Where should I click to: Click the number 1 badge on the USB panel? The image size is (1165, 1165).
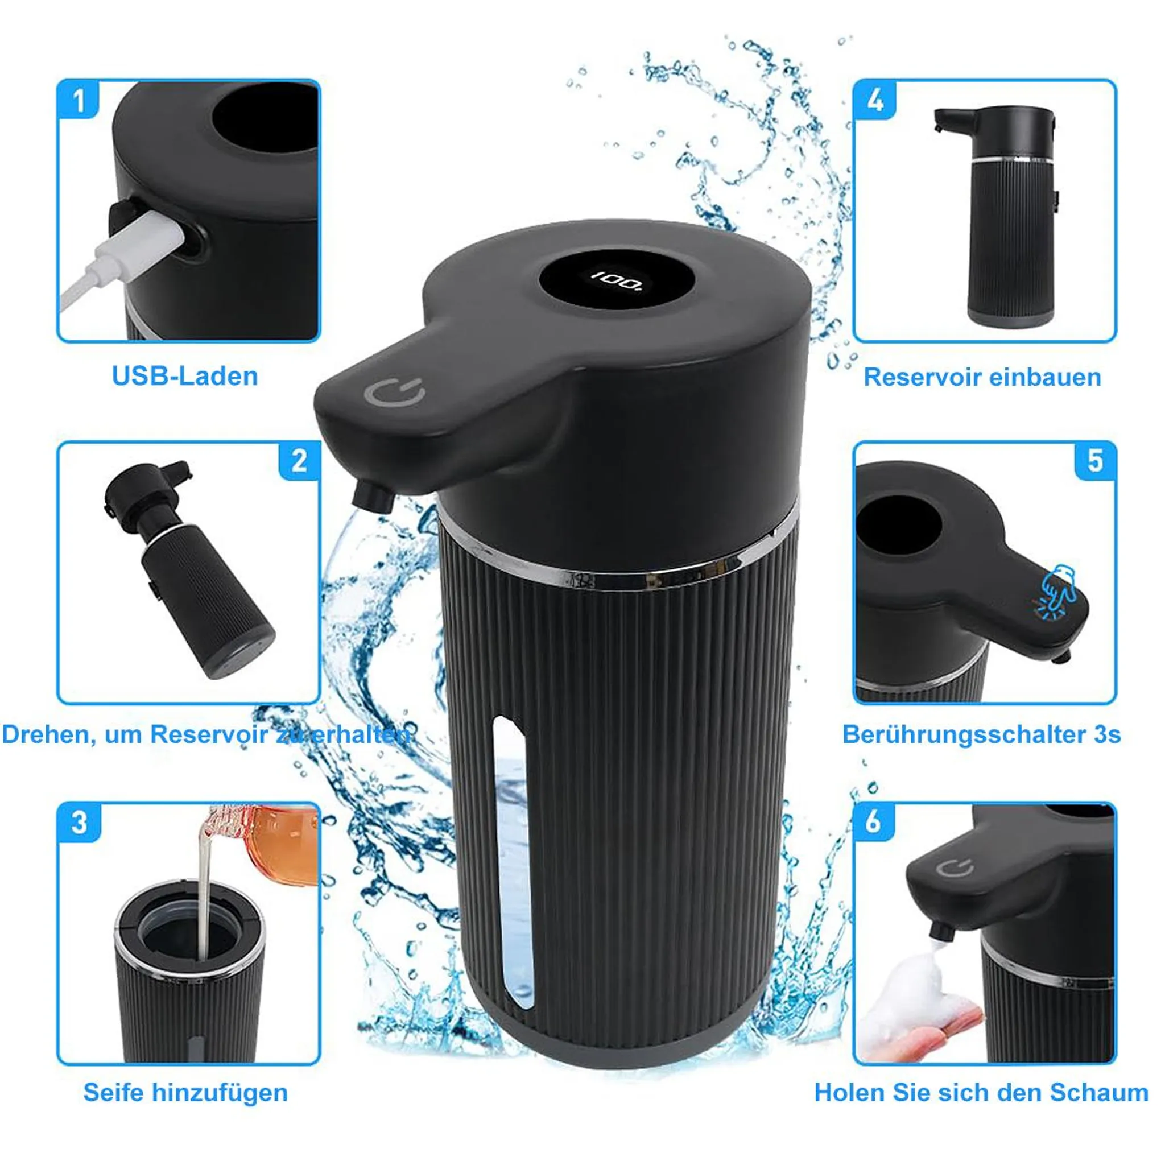tap(79, 100)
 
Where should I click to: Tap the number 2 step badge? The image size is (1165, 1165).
tap(299, 461)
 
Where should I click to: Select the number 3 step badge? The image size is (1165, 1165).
tap(79, 823)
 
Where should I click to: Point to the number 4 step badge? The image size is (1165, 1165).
tap(874, 100)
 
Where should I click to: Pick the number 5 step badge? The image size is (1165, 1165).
tap(1095, 461)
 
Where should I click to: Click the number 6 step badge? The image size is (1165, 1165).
tap(874, 823)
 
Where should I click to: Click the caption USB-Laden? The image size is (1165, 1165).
tap(185, 376)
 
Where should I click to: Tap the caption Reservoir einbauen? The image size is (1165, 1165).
tap(982, 378)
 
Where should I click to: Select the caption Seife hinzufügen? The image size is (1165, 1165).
tap(185, 1093)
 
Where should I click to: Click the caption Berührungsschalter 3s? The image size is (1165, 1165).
tap(982, 735)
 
